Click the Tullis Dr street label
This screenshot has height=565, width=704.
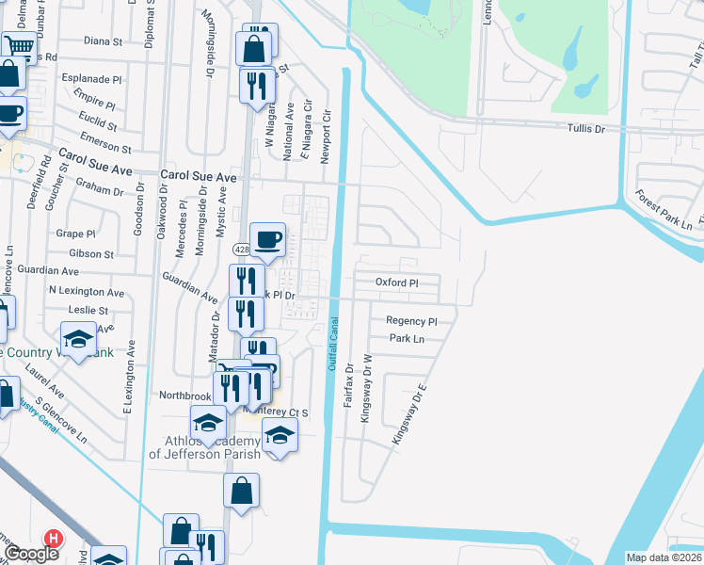[585, 129]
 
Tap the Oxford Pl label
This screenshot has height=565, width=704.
[396, 282]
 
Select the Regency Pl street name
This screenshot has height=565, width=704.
[412, 321]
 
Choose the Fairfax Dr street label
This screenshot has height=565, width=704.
[348, 387]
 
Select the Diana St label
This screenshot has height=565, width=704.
[103, 41]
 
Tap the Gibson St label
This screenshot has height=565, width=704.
[91, 254]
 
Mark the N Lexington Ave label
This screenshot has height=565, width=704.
[87, 292]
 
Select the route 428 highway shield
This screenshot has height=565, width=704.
[241, 248]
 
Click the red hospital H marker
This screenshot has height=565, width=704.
[55, 539]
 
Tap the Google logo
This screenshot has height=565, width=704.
[32, 554]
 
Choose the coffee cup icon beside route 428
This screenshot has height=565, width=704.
[267, 239]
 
